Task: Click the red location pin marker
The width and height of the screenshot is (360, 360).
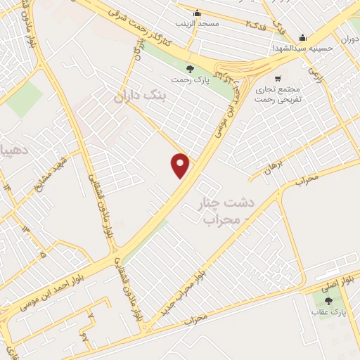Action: pos(181,165)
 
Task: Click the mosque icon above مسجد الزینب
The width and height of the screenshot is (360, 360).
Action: pos(198,12)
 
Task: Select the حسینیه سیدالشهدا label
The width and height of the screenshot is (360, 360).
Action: pos(303,49)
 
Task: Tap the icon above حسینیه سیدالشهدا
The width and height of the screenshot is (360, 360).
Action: pos(302,38)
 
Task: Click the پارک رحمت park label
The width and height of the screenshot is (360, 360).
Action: pos(190,80)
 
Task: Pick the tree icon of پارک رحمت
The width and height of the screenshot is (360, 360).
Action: pos(190,68)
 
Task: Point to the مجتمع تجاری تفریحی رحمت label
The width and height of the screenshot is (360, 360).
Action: pos(279,95)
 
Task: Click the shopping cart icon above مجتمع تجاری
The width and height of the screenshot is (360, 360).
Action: pos(279,79)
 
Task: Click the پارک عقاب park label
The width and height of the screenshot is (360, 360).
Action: pos(328,312)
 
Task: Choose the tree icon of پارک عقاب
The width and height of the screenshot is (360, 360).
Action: pos(328,301)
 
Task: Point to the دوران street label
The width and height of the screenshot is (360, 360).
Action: pos(349,40)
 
